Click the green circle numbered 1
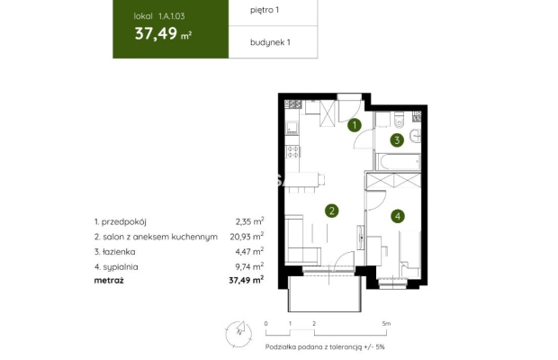point(355,125)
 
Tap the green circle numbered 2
point(332,211)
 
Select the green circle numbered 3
point(396,140)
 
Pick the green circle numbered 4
point(398,216)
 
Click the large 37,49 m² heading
point(162,35)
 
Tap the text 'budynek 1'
point(270,41)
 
